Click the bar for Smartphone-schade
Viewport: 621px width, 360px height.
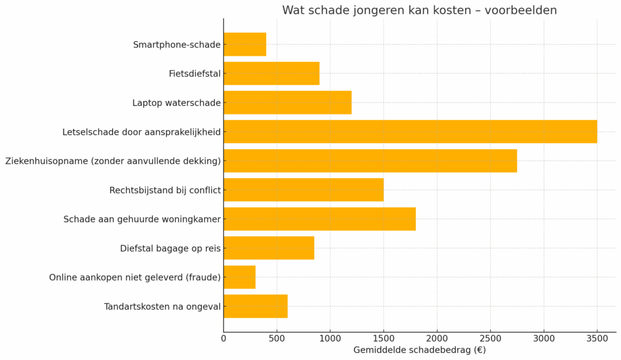pos(245,44)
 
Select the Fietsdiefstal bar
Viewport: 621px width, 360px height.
pos(271,73)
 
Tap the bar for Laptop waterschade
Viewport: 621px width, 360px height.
pos(287,102)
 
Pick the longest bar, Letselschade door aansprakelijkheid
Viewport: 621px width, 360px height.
pos(410,132)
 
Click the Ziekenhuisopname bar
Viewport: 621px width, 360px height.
pos(370,161)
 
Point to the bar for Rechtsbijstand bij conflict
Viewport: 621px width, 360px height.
pos(303,190)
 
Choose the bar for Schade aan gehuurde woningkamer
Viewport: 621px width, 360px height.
pos(320,219)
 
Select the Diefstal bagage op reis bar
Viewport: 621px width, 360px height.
pos(269,248)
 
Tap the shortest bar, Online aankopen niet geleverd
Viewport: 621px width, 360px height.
pos(240,277)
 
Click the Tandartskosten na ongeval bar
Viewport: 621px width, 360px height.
pos(255,306)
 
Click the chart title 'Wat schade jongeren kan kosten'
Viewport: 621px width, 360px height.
pos(419,10)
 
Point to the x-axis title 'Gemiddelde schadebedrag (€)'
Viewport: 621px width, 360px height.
pos(419,350)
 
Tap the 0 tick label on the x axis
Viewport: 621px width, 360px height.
pos(224,338)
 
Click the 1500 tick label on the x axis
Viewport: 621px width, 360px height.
pos(384,338)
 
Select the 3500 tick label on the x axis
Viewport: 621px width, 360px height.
pos(597,338)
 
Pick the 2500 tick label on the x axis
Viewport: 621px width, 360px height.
pos(491,338)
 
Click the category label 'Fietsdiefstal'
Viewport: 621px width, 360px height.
pos(195,74)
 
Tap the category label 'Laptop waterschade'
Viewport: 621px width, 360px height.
pos(176,103)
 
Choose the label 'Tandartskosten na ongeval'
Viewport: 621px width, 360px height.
pos(163,307)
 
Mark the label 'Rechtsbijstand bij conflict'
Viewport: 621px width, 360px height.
pos(165,190)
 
